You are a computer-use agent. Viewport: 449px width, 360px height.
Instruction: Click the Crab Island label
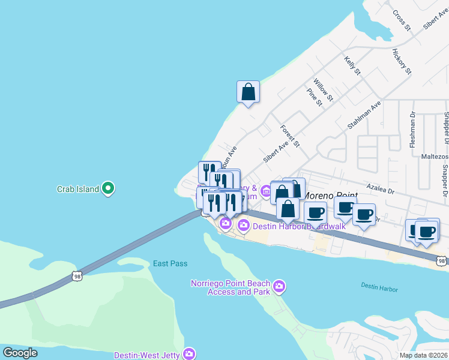point(77,189)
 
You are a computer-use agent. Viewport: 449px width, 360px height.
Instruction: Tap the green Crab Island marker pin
point(108,188)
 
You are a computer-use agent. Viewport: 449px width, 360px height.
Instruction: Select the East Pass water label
point(170,263)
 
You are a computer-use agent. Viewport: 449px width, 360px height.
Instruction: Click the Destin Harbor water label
point(379,289)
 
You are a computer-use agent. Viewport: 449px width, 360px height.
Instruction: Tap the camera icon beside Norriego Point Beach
point(279,287)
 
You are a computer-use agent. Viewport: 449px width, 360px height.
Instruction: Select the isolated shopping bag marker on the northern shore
point(248,92)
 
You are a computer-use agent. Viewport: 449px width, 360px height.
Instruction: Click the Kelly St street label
point(352,65)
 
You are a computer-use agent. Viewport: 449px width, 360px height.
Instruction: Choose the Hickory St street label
point(402,62)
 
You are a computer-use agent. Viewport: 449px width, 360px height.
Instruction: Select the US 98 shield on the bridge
point(76,275)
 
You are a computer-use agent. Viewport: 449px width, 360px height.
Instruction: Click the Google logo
point(20,353)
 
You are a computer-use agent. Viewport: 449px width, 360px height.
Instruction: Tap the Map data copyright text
point(424,355)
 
